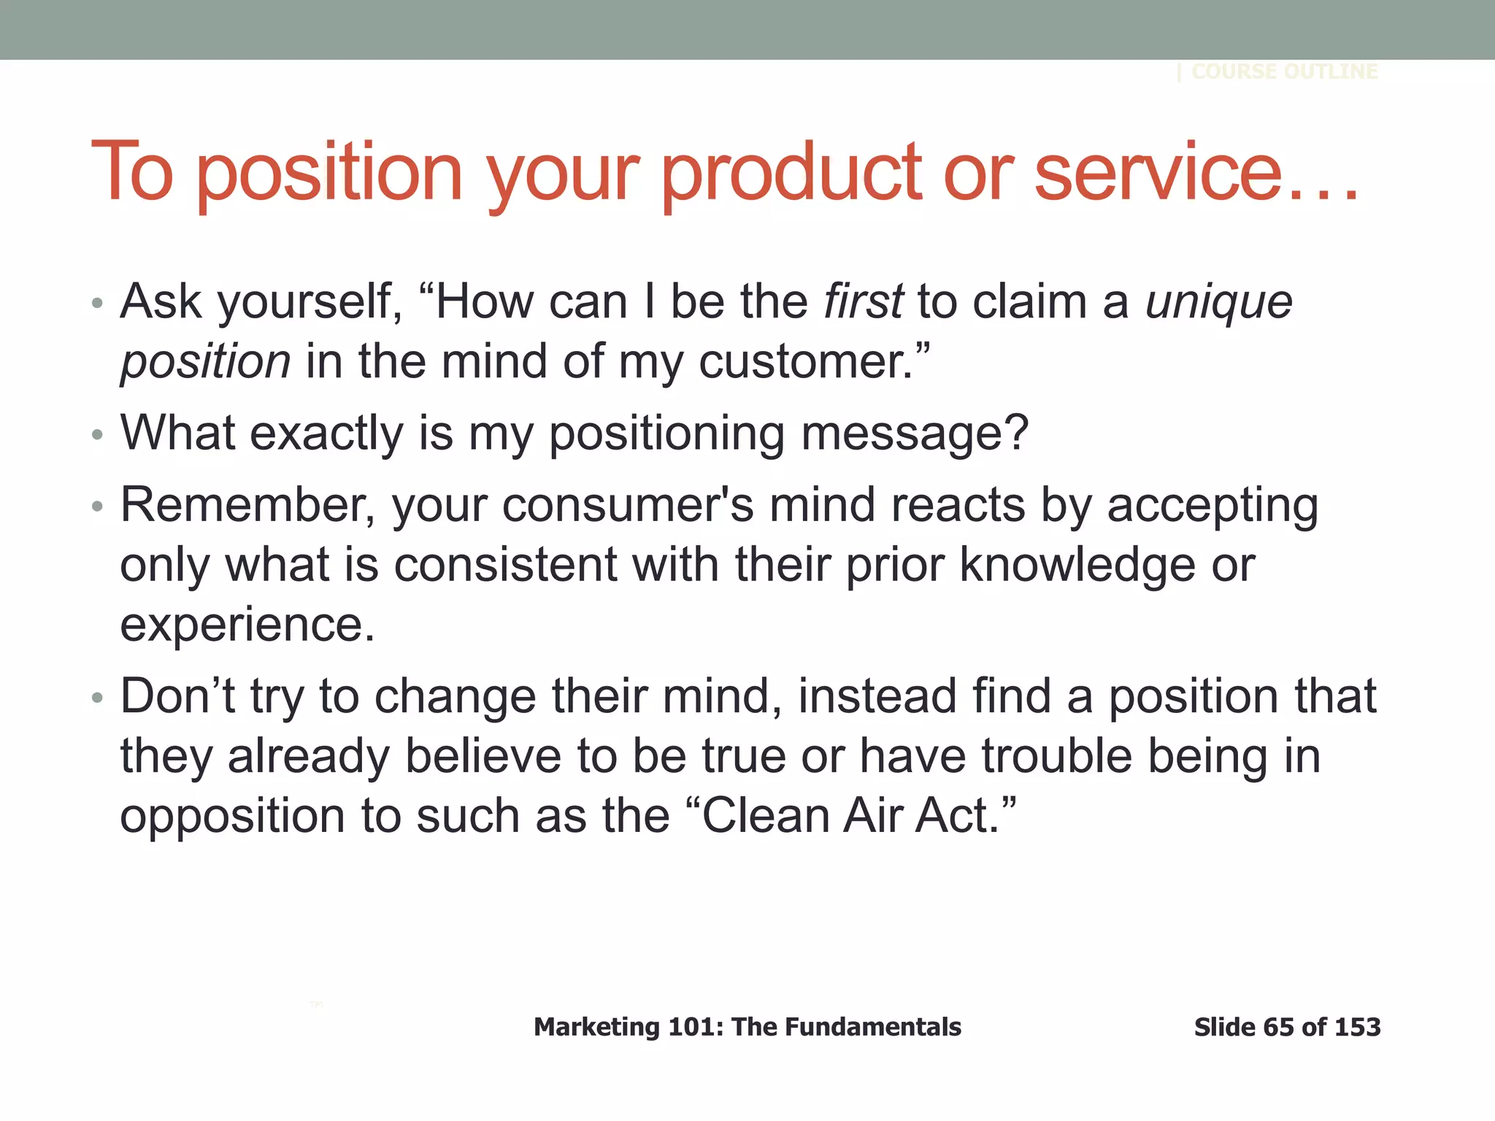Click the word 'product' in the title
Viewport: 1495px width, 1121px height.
[x=793, y=174]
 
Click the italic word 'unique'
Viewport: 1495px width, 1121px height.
[x=1218, y=302]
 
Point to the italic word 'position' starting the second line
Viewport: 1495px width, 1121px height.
[x=205, y=362]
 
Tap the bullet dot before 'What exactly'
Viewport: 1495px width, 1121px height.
[x=98, y=435]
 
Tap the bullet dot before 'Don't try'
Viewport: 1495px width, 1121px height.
[x=98, y=698]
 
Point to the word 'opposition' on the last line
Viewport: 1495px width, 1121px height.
[x=232, y=816]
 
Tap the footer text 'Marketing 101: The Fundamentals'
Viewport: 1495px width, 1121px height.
[x=747, y=1027]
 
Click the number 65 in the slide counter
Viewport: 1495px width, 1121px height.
[x=1278, y=1027]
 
